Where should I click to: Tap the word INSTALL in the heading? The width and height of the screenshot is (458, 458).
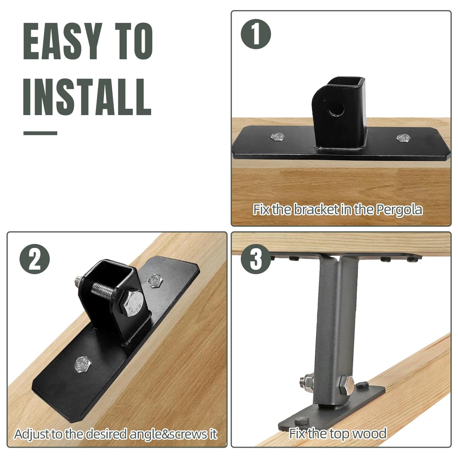pyautogui.click(x=87, y=97)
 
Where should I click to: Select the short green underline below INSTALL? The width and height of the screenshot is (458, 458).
pyautogui.click(x=40, y=133)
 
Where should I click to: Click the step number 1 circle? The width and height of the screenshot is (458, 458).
pyautogui.click(x=256, y=34)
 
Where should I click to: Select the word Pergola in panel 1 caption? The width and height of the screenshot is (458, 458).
pyautogui.click(x=399, y=210)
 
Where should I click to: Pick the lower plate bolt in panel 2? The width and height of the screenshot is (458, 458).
pyautogui.click(x=82, y=364)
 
